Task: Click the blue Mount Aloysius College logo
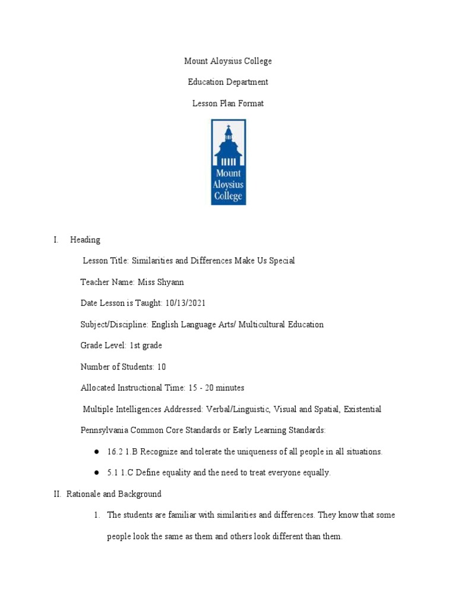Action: [229, 161]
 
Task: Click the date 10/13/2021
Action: [185, 303]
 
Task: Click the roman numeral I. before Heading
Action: [55, 240]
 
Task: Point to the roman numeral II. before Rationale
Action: [56, 494]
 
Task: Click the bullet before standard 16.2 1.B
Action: [96, 452]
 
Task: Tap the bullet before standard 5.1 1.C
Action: [96, 473]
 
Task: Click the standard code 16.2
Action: [115, 452]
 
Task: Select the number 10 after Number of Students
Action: [161, 367]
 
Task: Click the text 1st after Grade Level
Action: [136, 346]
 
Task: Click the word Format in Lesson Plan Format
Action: [251, 103]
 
